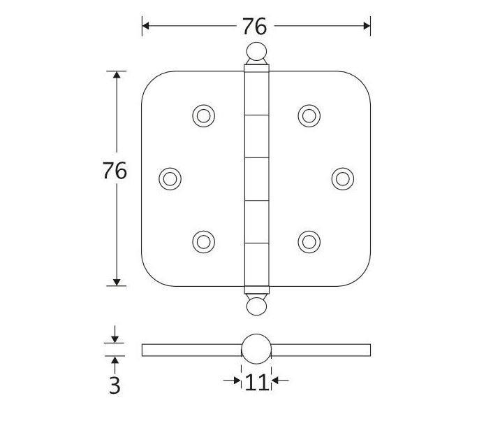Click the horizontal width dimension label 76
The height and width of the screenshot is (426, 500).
tap(255, 27)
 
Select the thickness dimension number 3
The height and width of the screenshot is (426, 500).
tap(115, 385)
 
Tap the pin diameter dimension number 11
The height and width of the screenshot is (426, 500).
tap(256, 383)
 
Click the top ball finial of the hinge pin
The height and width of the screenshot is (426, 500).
tap(256, 52)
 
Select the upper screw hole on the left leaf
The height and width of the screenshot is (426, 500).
tap(203, 115)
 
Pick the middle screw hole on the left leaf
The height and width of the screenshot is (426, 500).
tap(170, 178)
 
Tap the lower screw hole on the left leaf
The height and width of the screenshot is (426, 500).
tap(203, 241)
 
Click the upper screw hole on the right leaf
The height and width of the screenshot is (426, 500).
tap(308, 115)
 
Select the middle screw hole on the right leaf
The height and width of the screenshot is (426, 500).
tap(341, 178)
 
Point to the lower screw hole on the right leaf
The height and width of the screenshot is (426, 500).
tap(308, 241)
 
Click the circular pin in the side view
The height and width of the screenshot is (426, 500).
tap(256, 349)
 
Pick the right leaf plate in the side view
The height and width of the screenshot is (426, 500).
tap(321, 350)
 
